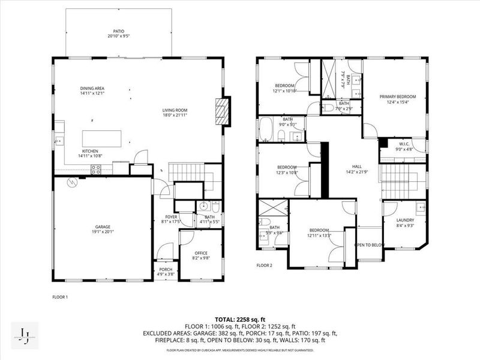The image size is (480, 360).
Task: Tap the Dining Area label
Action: pos(93,88)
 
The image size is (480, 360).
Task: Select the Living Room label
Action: pos(175,110)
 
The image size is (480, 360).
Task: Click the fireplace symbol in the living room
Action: pos(222,112)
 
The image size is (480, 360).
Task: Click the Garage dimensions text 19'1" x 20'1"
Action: pos(102,232)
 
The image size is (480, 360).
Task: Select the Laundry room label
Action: pos(405,220)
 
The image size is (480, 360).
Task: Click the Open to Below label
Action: pos(370,245)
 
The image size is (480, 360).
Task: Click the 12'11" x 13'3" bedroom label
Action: pos(319,230)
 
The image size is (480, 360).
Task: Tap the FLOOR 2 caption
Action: pos(264,265)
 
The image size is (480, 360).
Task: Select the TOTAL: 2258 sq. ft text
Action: pos(240,319)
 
